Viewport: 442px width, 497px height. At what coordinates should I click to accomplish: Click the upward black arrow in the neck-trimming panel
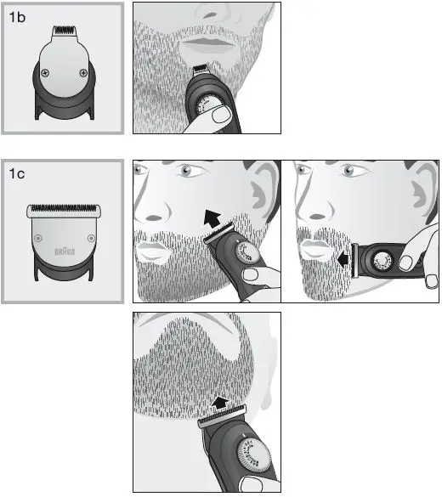(x=219, y=402)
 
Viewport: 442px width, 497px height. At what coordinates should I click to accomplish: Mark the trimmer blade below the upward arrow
(x=223, y=421)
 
